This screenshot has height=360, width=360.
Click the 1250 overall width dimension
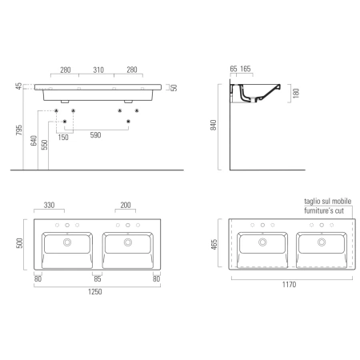(95, 291)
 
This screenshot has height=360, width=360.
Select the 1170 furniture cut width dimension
(289, 285)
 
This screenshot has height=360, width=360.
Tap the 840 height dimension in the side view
(214, 125)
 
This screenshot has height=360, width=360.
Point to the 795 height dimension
(18, 130)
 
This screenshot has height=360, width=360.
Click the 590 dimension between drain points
(95, 135)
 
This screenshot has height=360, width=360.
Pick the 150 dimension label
(63, 138)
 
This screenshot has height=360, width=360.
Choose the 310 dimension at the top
(98, 70)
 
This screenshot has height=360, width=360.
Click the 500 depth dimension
(19, 243)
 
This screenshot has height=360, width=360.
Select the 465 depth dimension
(214, 245)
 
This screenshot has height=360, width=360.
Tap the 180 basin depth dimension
(296, 93)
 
